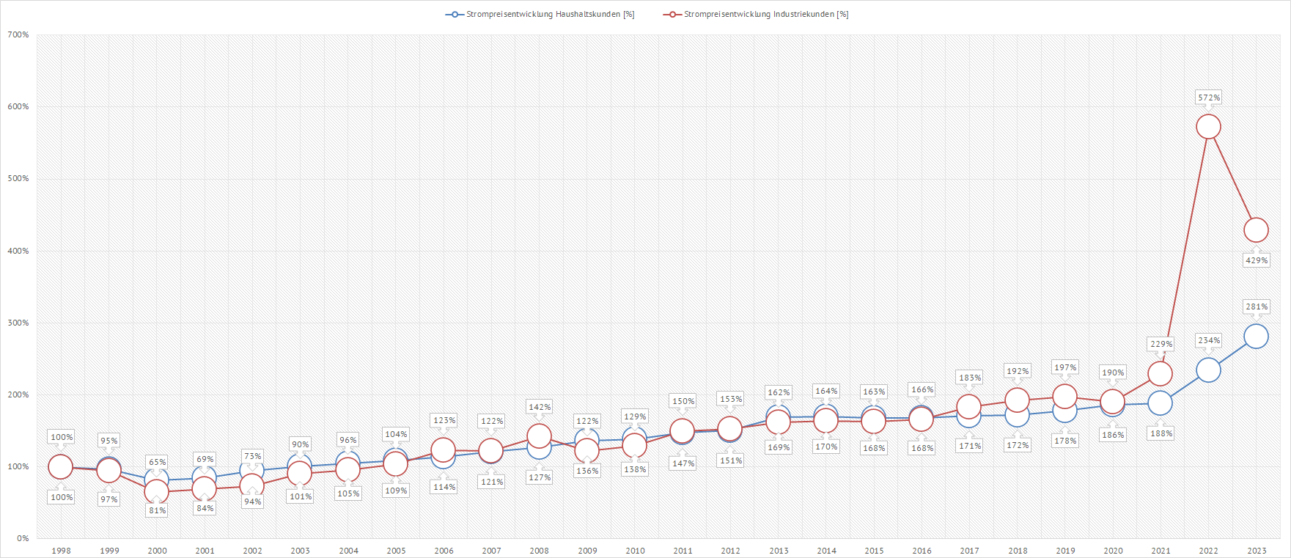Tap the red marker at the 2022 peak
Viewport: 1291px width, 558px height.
pos(1208,127)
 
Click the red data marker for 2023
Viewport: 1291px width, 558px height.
pos(1256,230)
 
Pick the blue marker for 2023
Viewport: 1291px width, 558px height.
pos(1256,337)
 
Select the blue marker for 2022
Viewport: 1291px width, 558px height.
pos(1208,370)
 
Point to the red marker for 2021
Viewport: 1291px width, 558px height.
pos(1160,374)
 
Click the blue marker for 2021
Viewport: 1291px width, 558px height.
pos(1160,403)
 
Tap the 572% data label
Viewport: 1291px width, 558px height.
pos(1209,98)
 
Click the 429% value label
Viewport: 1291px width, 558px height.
pos(1257,260)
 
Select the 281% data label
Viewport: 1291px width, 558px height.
pos(1257,306)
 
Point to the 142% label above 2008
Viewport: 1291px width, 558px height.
pos(540,407)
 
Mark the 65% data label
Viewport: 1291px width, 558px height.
pos(157,462)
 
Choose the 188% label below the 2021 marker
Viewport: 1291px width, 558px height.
pos(1161,433)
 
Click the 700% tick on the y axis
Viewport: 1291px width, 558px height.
pos(18,34)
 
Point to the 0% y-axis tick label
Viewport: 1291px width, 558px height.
pos(23,538)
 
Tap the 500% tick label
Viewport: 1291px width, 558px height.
pos(18,178)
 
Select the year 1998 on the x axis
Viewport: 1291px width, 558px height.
pos(61,551)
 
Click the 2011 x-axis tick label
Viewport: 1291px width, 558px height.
pos(683,551)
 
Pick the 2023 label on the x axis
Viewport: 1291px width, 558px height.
pos(1257,551)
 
